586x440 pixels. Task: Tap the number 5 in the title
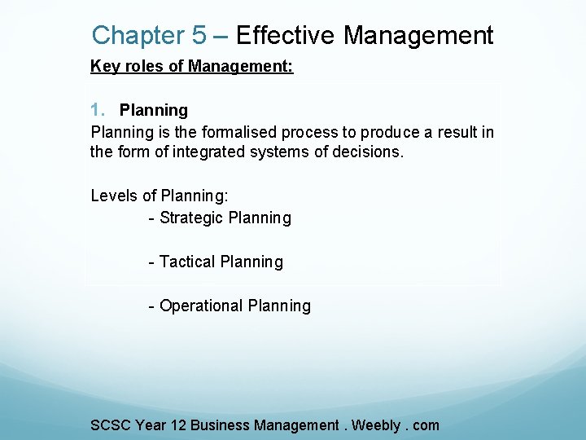click(x=199, y=36)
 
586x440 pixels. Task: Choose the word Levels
click(x=113, y=196)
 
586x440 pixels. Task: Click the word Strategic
click(x=192, y=218)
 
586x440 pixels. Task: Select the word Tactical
click(x=188, y=262)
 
